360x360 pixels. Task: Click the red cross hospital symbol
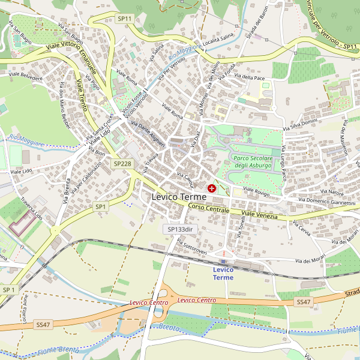(x=211, y=188)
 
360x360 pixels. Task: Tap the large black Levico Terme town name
(x=179, y=197)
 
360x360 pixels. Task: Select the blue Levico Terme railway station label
(x=223, y=274)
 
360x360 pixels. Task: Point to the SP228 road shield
(x=122, y=163)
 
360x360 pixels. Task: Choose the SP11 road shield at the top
(x=125, y=19)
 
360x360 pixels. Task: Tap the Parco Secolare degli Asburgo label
(x=253, y=161)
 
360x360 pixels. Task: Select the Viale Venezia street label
(x=259, y=214)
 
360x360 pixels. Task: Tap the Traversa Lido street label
(x=31, y=207)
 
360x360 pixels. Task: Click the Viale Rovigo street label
(x=256, y=191)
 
